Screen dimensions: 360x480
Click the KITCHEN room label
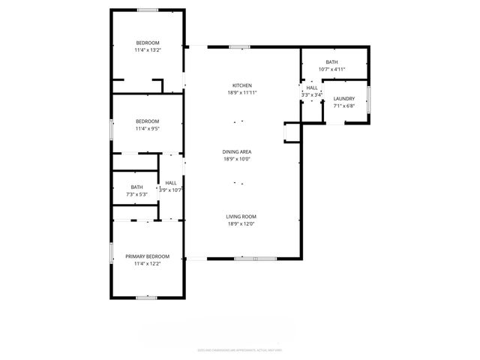pyautogui.click(x=241, y=85)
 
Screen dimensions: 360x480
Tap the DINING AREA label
pyautogui.click(x=236, y=151)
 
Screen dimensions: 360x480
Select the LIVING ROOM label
pyautogui.click(x=241, y=217)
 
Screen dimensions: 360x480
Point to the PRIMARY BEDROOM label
pyautogui.click(x=147, y=256)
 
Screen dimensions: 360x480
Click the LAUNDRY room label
pyautogui.click(x=344, y=99)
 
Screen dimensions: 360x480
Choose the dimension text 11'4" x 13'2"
pyautogui.click(x=148, y=50)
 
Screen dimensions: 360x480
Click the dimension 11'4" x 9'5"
pyautogui.click(x=147, y=128)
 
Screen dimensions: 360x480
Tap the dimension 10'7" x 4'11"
pyautogui.click(x=331, y=69)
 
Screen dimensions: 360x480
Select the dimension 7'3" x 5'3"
pyautogui.click(x=136, y=194)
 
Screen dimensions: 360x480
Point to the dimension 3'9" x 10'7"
pyautogui.click(x=171, y=190)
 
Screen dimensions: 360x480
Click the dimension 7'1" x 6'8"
pyautogui.click(x=344, y=106)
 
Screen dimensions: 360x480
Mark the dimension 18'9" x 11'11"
pyautogui.click(x=241, y=93)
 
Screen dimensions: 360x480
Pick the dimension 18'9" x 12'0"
pyautogui.click(x=241, y=224)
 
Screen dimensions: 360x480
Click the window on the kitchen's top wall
pyautogui.click(x=240, y=47)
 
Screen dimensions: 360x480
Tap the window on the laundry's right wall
pyautogui.click(x=368, y=98)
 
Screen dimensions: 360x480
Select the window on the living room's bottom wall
pyautogui.click(x=245, y=259)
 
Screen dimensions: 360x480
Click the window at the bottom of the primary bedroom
pyautogui.click(x=147, y=298)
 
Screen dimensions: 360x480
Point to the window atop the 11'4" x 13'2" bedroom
pyautogui.click(x=147, y=10)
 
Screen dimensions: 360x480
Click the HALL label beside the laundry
pyautogui.click(x=312, y=88)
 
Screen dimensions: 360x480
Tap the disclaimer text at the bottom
pyautogui.click(x=239, y=349)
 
